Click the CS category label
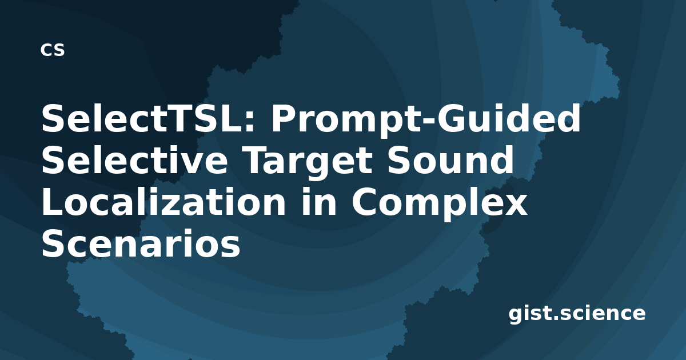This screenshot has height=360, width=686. click(53, 50)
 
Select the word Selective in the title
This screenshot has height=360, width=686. click(135, 160)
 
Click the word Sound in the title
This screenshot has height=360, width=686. click(450, 160)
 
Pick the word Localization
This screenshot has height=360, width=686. click(163, 201)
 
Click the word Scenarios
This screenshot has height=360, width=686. click(141, 243)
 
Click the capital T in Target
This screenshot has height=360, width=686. click(257, 161)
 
